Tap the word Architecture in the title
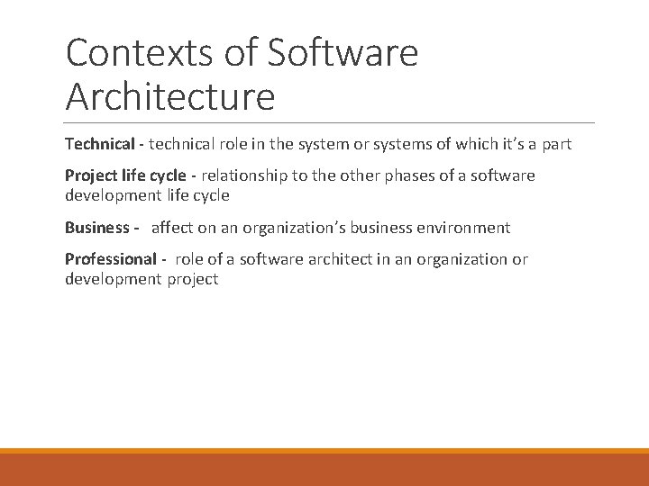pyautogui.click(x=169, y=96)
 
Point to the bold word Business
pyautogui.click(x=96, y=228)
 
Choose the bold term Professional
pyautogui.click(x=110, y=259)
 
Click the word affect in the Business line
pyautogui.click(x=171, y=228)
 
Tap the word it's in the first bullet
pyautogui.click(x=525, y=144)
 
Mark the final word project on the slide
pyautogui.click(x=193, y=279)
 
